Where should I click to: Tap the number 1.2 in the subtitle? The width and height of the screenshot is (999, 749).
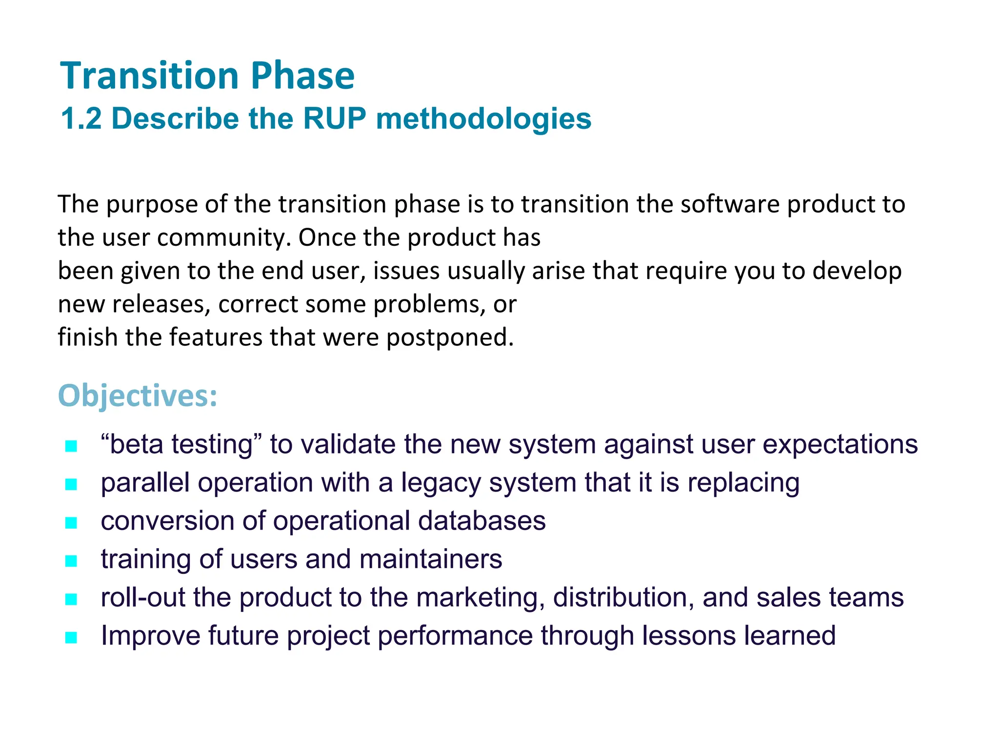(x=81, y=118)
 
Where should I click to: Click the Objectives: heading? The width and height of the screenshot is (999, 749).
(x=138, y=395)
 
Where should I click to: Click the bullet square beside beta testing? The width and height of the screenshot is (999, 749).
(x=71, y=446)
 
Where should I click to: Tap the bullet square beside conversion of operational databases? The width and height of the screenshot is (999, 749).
(x=71, y=522)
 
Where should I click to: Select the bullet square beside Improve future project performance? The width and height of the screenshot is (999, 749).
(x=71, y=637)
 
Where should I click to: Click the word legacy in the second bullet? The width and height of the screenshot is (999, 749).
(x=441, y=484)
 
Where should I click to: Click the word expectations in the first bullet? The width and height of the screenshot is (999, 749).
(x=839, y=445)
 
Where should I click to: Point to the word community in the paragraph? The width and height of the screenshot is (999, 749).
(x=224, y=238)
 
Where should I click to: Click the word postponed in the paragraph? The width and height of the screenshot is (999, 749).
(x=449, y=338)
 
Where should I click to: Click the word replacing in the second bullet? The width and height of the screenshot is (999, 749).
(x=743, y=484)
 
